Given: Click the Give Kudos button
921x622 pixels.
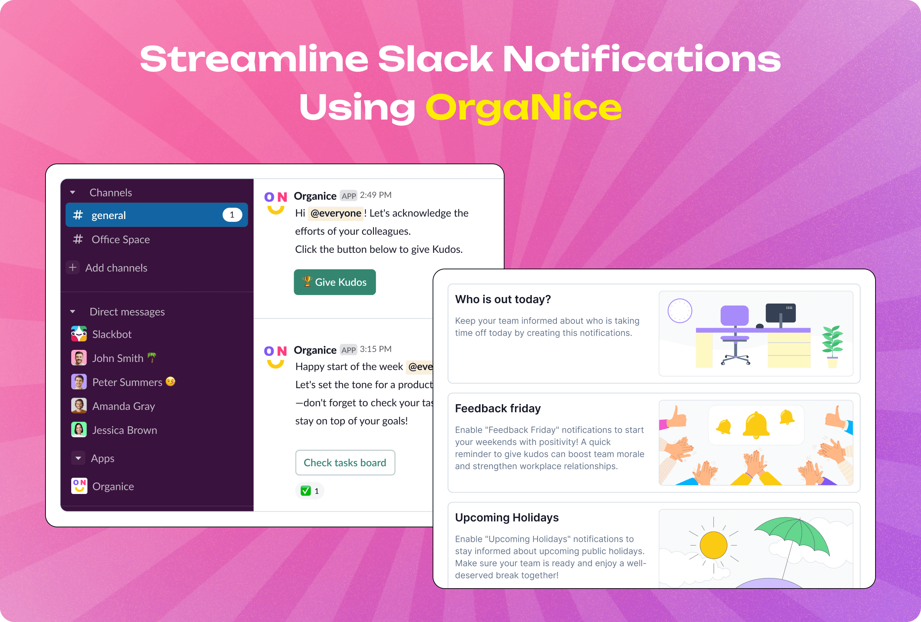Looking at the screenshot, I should [x=335, y=282].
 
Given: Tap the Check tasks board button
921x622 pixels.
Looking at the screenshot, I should [x=345, y=463].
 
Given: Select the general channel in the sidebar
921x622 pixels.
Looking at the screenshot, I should [x=109, y=215].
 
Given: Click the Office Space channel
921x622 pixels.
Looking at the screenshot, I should [x=120, y=240].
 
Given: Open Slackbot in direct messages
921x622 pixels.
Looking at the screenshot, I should [x=112, y=334].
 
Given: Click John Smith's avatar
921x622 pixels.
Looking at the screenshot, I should [x=79, y=358].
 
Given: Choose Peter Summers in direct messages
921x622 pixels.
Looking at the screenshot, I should [x=127, y=382].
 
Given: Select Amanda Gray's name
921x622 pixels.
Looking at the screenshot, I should [x=124, y=406].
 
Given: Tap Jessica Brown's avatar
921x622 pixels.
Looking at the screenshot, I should [x=79, y=430].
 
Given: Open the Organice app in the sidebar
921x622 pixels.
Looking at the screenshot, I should [x=113, y=486].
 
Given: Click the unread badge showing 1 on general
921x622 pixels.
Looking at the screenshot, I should [x=232, y=215].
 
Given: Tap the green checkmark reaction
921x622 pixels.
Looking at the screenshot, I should [x=306, y=491].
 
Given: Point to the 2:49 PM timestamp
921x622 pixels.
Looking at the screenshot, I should [x=375, y=195].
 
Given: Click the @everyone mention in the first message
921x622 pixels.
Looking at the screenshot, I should [x=336, y=213].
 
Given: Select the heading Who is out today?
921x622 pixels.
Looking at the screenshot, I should [x=503, y=299].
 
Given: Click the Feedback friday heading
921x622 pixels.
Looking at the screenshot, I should [x=498, y=408].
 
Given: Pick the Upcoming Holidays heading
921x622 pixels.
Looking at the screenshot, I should [x=507, y=517].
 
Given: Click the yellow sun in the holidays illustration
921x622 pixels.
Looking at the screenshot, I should [x=713, y=545].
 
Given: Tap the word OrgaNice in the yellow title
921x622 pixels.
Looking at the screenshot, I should [x=523, y=107].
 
